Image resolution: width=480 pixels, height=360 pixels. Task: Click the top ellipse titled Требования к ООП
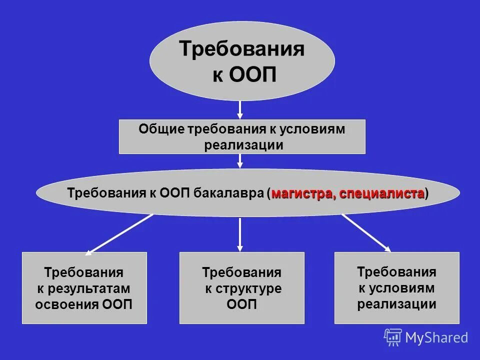pyautogui.click(x=242, y=61)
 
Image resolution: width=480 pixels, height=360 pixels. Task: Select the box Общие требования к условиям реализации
pyautogui.click(x=242, y=136)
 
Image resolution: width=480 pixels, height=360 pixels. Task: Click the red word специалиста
pyautogui.click(x=382, y=193)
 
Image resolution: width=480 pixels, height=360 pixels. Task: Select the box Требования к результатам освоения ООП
pyautogui.click(x=84, y=288)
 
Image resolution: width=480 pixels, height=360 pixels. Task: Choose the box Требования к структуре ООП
pyautogui.click(x=242, y=288)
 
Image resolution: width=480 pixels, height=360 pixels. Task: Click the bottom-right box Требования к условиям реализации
pyautogui.click(x=396, y=288)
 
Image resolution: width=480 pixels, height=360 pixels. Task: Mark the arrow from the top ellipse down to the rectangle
pyautogui.click(x=240, y=109)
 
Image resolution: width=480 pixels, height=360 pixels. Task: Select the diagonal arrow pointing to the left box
pyautogui.click(x=119, y=233)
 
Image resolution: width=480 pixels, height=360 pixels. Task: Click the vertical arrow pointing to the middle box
pyautogui.click(x=240, y=233)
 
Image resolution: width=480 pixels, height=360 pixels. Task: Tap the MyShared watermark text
pyautogui.click(x=436, y=337)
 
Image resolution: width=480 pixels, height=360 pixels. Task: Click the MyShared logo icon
pyautogui.click(x=393, y=337)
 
